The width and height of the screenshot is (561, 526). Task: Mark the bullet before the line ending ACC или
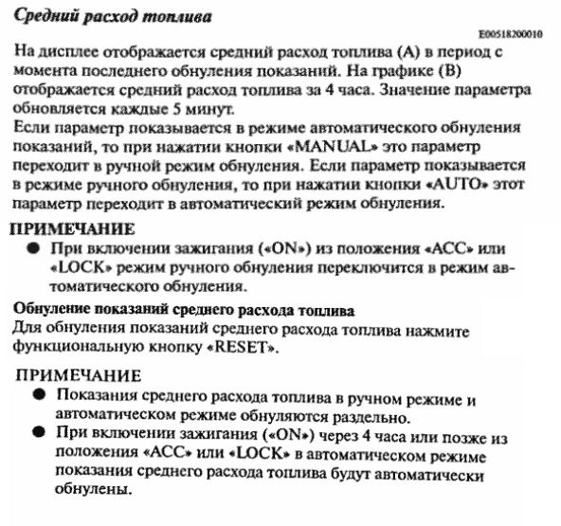pyautogui.click(x=31, y=248)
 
